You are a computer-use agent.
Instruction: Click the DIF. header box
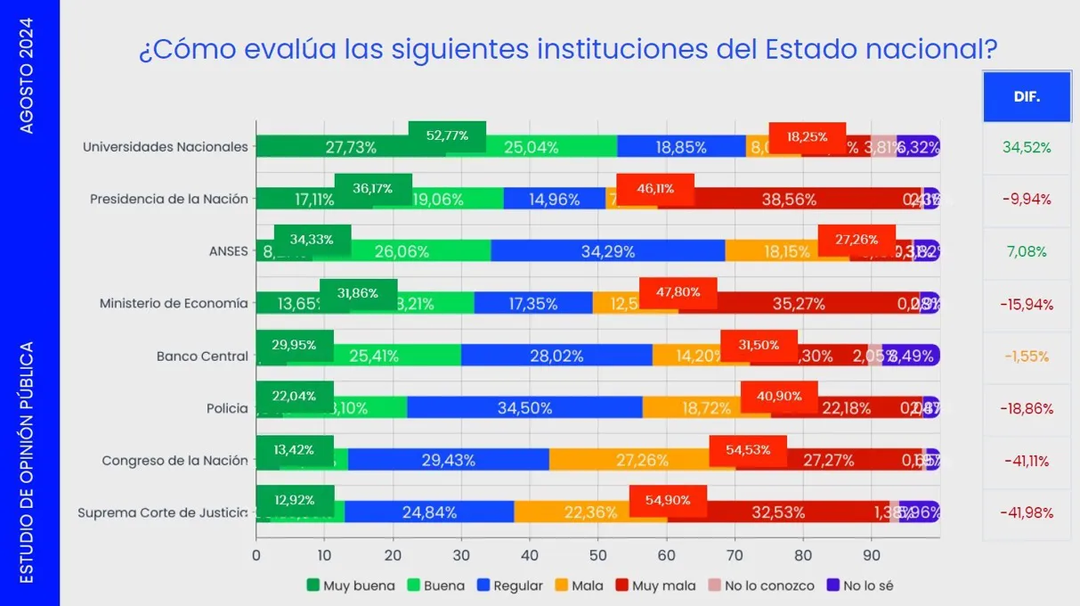coord(1026,97)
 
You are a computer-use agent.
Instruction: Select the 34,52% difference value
coord(1027,147)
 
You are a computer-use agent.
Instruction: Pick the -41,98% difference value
coord(1027,513)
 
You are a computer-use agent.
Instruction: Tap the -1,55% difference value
coord(1027,356)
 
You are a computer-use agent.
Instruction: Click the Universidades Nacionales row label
coord(165,147)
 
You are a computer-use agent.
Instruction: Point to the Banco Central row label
coord(202,356)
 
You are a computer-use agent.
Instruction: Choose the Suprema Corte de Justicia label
coord(163,513)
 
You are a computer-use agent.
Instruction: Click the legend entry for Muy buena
coord(351,586)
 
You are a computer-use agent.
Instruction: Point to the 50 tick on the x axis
coord(598,555)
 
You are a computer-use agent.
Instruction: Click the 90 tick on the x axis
coord(872,555)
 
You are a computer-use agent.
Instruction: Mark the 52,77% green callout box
coord(447,136)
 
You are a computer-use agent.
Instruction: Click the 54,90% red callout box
coord(668,501)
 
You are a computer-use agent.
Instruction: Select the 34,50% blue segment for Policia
coord(524,408)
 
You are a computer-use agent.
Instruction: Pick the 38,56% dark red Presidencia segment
coord(789,200)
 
